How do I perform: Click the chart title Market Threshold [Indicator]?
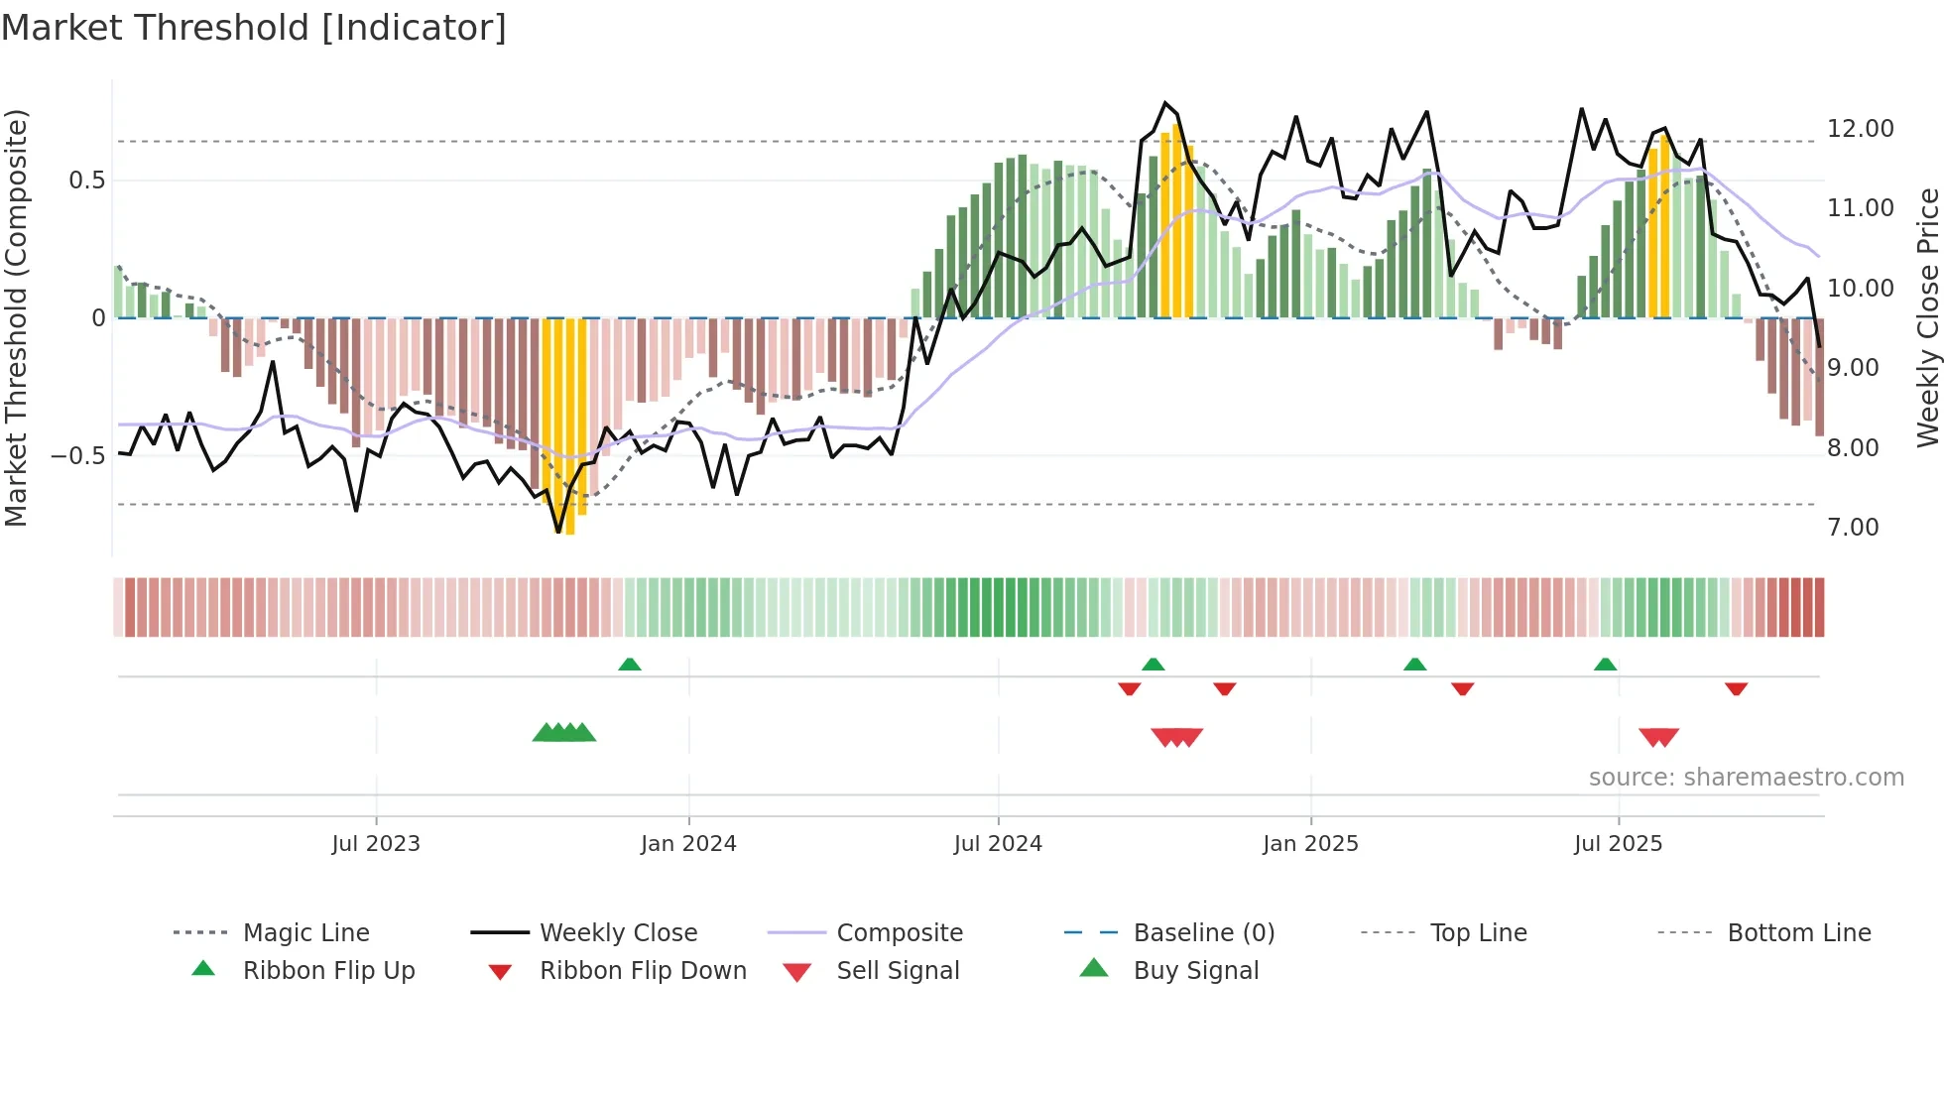pyautogui.click(x=254, y=28)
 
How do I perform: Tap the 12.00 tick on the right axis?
pyautogui.click(x=1860, y=129)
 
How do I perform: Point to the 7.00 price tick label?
pyautogui.click(x=1853, y=528)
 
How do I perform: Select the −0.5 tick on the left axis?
pyautogui.click(x=78, y=456)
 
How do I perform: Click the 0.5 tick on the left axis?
pyautogui.click(x=86, y=181)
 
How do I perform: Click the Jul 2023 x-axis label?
pyautogui.click(x=376, y=844)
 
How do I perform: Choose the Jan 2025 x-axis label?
pyautogui.click(x=1310, y=844)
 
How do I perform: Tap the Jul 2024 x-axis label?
pyautogui.click(x=998, y=844)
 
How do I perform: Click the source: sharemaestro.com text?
pyautogui.click(x=1746, y=778)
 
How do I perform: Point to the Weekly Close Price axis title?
pyautogui.click(x=1927, y=317)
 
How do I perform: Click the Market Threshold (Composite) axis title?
pyautogui.click(x=16, y=317)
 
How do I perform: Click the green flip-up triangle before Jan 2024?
pyautogui.click(x=630, y=665)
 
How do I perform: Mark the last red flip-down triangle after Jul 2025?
pyautogui.click(x=1736, y=688)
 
